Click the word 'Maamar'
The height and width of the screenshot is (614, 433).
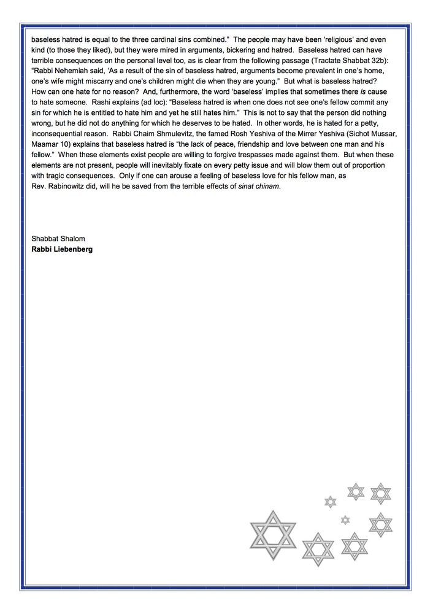click(45, 162)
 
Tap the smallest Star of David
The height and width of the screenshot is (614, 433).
click(345, 520)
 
